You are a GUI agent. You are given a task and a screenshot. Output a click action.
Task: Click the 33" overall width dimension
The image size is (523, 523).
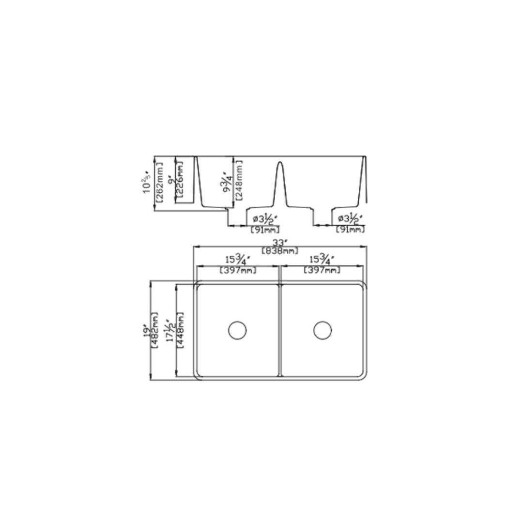point(279,243)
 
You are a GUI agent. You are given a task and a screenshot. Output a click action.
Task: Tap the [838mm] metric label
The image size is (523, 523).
point(279,250)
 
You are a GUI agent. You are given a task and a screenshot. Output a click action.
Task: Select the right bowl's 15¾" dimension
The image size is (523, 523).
point(322,260)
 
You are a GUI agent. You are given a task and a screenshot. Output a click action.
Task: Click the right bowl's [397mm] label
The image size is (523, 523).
point(322,270)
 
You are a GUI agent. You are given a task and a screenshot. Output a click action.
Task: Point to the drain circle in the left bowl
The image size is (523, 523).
point(237,330)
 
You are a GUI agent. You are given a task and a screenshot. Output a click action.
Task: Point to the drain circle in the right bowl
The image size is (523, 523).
point(323,330)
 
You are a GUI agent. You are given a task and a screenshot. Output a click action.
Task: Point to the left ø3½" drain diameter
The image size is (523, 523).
point(266,219)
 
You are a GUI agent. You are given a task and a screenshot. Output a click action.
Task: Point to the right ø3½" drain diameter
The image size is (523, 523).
point(350,219)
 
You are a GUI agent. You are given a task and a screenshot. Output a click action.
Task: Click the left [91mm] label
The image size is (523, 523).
point(265,230)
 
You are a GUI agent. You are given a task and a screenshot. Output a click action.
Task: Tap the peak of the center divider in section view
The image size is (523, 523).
point(280,163)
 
